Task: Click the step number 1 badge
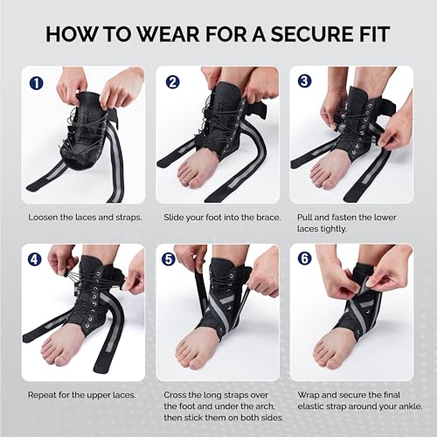tap(37, 85)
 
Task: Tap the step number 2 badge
tap(172, 85)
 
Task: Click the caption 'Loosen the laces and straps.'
tap(85, 216)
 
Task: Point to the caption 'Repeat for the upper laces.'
tap(82, 394)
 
